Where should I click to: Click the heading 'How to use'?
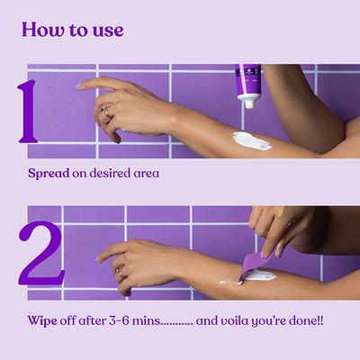pyautogui.click(x=72, y=30)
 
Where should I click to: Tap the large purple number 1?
pyautogui.click(x=28, y=112)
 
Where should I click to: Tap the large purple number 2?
pyautogui.click(x=40, y=253)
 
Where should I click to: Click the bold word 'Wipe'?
pyautogui.click(x=43, y=319)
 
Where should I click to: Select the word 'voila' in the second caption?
pyautogui.click(x=237, y=319)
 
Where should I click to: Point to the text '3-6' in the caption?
pyautogui.click(x=128, y=319)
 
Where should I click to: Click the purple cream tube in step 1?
pyautogui.click(x=249, y=81)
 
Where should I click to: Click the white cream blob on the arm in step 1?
pyautogui.click(x=251, y=140)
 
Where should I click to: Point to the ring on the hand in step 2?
pyautogui.click(x=119, y=270)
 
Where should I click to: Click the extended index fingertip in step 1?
pyautogui.click(x=79, y=85)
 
